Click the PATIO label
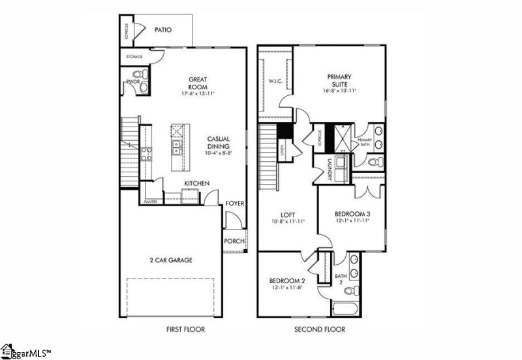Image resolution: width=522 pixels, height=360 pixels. coord(163,30)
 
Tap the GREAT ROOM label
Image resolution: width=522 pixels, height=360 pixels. coord(198,83)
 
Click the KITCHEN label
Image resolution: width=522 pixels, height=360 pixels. coord(196,184)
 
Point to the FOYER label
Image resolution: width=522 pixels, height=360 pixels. coord(235,204)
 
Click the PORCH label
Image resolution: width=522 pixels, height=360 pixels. coord(234,241)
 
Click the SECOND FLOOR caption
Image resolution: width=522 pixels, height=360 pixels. coord(320,329)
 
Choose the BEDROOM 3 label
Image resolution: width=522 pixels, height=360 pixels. coord(352,214)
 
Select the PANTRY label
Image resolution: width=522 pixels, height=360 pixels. coord(151,202)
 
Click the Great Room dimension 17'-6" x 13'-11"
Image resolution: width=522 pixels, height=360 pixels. coord(198,94)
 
